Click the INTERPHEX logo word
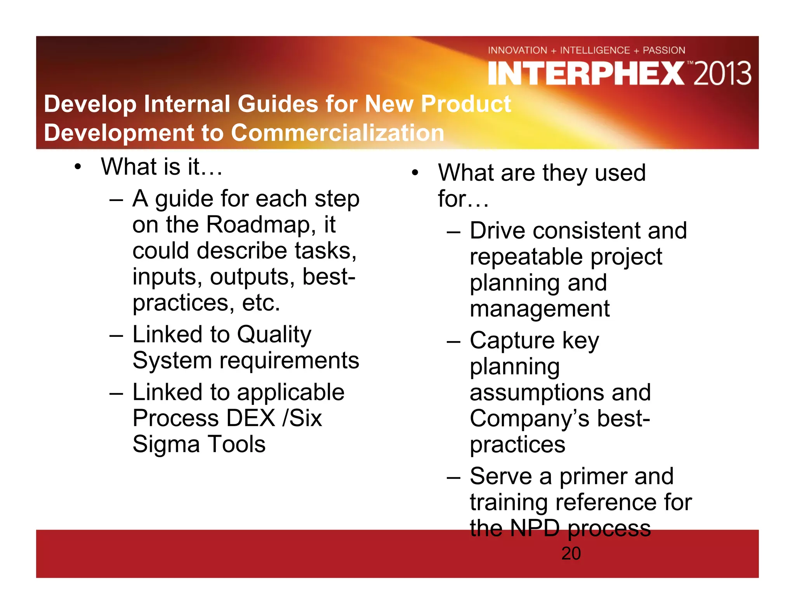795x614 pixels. click(586, 74)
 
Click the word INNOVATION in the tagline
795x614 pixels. click(517, 50)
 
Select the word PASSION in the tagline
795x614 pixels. click(664, 50)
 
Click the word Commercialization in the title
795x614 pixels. click(337, 133)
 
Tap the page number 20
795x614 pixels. click(571, 553)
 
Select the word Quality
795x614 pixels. click(274, 335)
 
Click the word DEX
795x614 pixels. click(251, 418)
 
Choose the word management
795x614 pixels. click(540, 309)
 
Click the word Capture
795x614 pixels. click(512, 341)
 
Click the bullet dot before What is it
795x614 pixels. click(78, 167)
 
